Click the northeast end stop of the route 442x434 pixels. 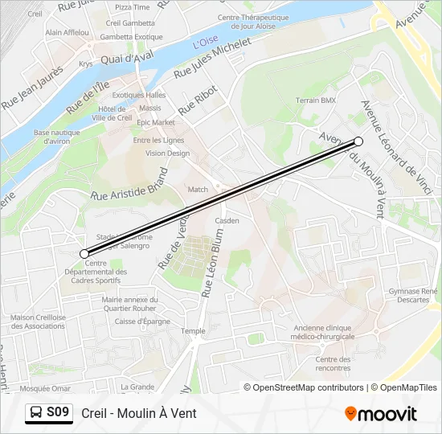(x=358, y=141)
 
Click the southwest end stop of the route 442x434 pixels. (x=84, y=254)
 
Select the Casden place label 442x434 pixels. (x=227, y=220)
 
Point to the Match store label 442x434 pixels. (x=198, y=190)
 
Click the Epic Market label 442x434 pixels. (x=155, y=122)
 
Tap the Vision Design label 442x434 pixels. (x=167, y=153)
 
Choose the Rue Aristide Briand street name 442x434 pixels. (x=130, y=185)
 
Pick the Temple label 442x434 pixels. (x=193, y=330)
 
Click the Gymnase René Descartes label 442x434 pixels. (x=413, y=295)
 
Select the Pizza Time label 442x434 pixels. (x=132, y=6)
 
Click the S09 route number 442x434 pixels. (x=58, y=413)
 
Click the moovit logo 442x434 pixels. (x=381, y=414)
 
